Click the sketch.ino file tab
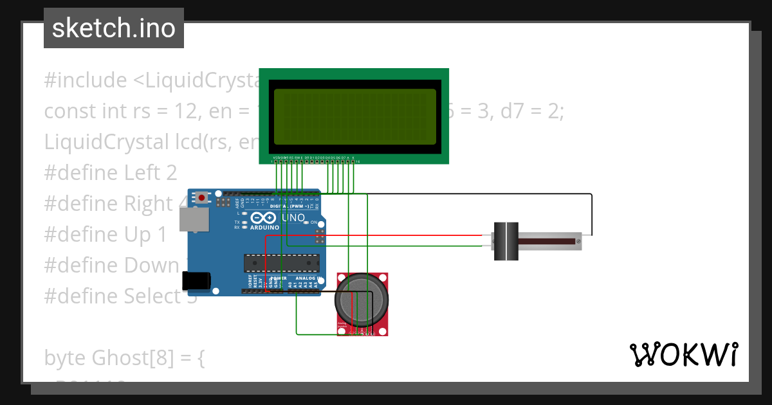click(114, 28)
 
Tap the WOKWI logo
click(683, 355)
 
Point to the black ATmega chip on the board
click(281, 262)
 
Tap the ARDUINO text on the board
click(265, 228)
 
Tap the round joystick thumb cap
click(362, 299)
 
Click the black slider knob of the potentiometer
click(506, 241)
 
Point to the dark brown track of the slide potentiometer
click(547, 242)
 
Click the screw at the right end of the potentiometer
click(579, 242)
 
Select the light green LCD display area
click(354, 116)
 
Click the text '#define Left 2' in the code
click(110, 173)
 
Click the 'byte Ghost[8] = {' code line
click(124, 358)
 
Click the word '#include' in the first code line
click(86, 80)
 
